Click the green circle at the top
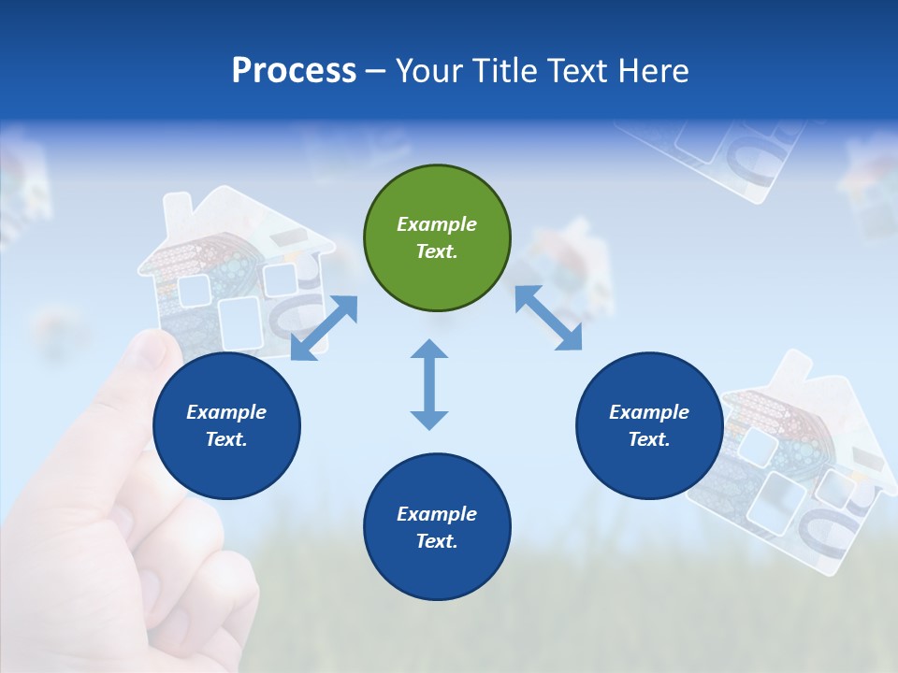tap(437, 238)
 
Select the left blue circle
tap(226, 426)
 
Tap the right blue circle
tap(649, 426)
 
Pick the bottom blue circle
tap(437, 527)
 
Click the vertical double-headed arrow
tap(429, 384)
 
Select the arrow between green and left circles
tap(324, 327)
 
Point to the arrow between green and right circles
tap(548, 318)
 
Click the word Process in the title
tap(294, 71)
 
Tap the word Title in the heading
tap(505, 71)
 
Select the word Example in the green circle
tap(437, 224)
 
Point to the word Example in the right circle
tap(649, 412)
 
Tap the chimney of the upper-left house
tap(177, 215)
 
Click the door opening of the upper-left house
tap(239, 322)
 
